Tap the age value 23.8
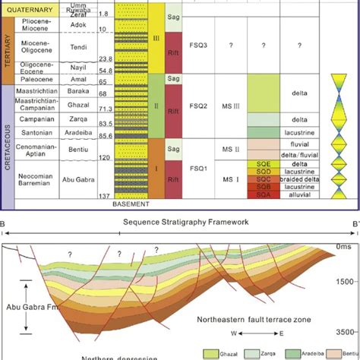[x=104, y=58]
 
